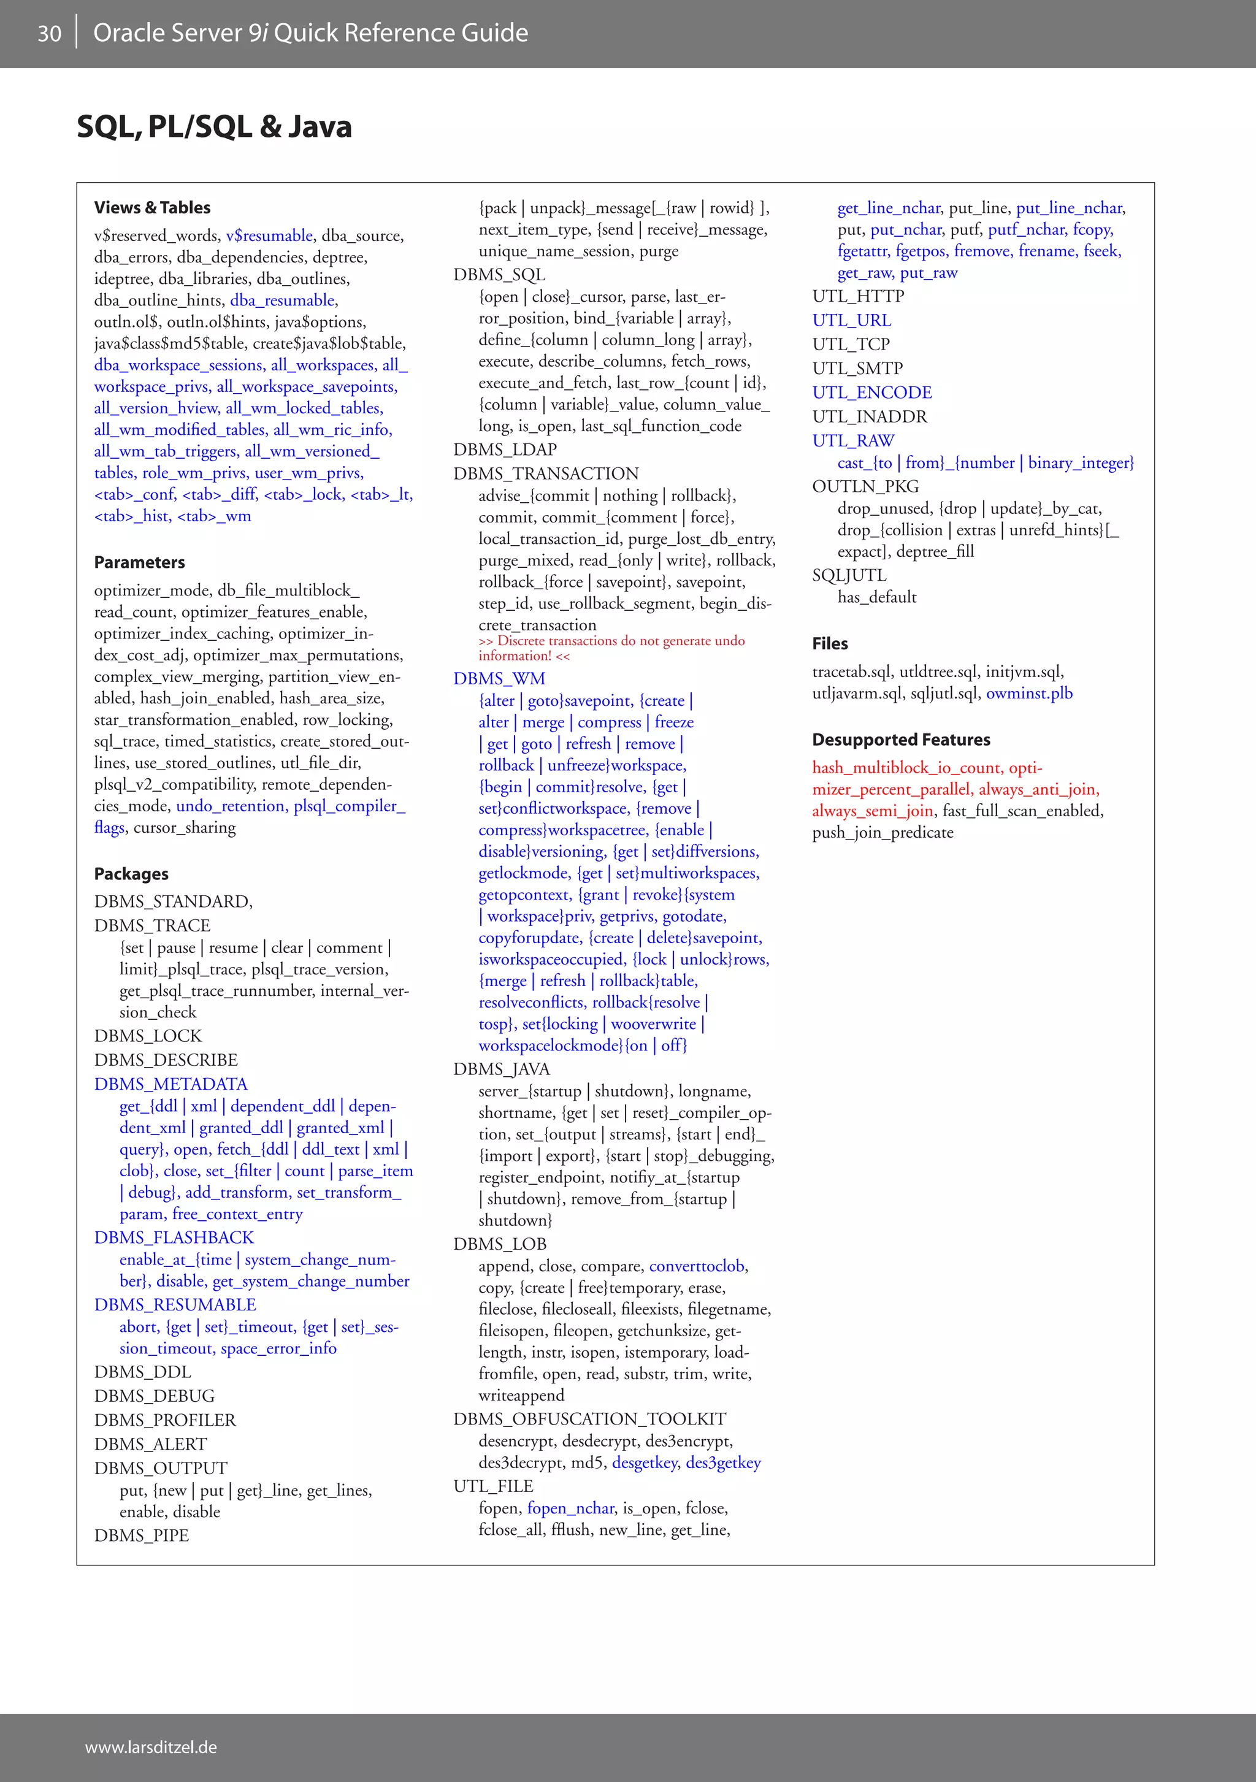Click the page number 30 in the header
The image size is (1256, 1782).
[50, 33]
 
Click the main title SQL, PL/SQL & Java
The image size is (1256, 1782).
[214, 126]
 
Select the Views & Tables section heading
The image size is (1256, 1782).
[152, 207]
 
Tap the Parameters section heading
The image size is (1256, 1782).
[140, 562]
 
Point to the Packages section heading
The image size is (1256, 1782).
[131, 874]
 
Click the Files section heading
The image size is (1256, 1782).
[830, 643]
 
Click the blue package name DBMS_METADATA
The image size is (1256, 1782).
[170, 1084]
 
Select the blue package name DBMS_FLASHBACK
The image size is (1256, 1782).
[174, 1237]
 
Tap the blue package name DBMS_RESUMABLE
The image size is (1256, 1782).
[175, 1305]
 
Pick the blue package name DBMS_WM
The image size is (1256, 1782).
[499, 678]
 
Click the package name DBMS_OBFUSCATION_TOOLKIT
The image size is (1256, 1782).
[590, 1419]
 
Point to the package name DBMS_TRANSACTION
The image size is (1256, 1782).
[546, 473]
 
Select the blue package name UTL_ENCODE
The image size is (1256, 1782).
[871, 392]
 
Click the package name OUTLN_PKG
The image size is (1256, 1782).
[865, 487]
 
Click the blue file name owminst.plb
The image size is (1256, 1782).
[1029, 693]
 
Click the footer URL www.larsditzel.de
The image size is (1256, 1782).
[151, 1747]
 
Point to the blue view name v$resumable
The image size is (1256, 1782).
[269, 236]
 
